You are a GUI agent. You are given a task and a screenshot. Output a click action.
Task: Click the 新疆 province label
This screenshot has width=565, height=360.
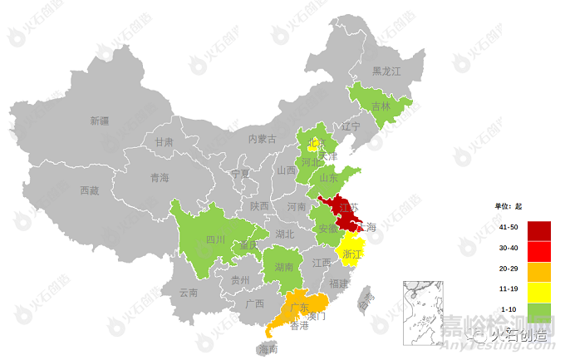(x=100, y=121)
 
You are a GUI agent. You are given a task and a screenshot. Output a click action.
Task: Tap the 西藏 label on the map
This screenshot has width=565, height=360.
(x=90, y=190)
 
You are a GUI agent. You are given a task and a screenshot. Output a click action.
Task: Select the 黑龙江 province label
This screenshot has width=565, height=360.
(x=386, y=72)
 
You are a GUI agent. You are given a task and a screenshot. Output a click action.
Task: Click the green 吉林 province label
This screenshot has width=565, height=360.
(x=381, y=106)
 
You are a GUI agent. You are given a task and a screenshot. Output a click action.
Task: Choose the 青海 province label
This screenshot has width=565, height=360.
(x=160, y=178)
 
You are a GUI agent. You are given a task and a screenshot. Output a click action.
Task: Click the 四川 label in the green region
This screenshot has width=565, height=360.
(x=216, y=239)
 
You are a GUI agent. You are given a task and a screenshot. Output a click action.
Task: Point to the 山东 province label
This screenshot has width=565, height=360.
(x=329, y=178)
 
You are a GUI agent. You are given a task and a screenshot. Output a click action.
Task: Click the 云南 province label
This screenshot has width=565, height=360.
(x=189, y=293)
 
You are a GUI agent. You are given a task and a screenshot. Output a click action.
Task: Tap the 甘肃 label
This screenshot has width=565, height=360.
(x=164, y=142)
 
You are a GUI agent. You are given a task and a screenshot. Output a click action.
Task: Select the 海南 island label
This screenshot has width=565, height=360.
(x=268, y=350)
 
